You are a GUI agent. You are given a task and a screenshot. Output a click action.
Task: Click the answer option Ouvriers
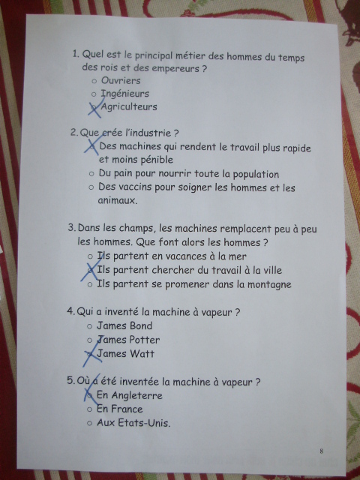[121, 80]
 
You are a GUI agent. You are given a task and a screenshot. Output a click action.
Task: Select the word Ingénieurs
[125, 94]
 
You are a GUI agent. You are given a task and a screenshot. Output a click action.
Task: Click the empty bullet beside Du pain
[91, 174]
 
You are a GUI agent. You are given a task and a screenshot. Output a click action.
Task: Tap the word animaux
[118, 200]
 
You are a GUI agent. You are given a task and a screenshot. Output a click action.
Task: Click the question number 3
[72, 227]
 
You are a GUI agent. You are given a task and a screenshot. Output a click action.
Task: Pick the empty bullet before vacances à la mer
[90, 256]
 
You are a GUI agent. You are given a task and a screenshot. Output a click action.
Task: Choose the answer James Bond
[124, 325]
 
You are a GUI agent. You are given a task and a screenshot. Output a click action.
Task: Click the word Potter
[144, 340]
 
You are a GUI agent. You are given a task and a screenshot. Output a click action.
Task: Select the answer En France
[120, 409]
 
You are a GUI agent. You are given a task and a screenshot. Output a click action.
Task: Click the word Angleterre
[136, 395]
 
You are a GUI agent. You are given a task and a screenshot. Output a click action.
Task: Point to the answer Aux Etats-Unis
[133, 423]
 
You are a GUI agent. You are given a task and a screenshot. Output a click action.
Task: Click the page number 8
[321, 451]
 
